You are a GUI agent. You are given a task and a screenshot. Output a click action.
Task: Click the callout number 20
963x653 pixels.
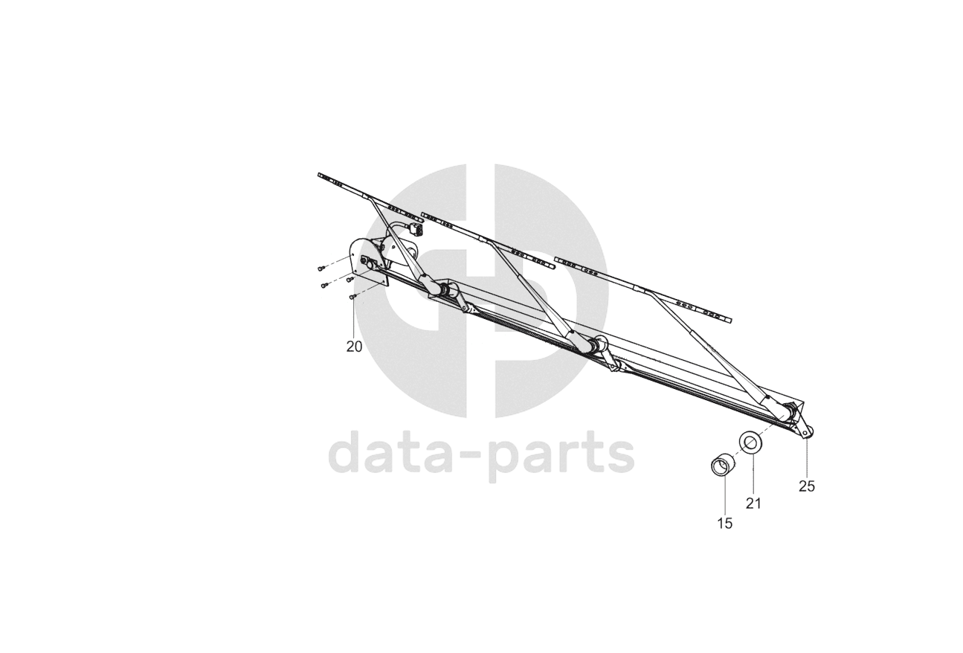coord(354,347)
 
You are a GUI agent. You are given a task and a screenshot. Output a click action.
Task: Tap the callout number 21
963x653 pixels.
coord(753,504)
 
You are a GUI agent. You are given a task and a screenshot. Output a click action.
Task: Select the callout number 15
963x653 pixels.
coord(724,524)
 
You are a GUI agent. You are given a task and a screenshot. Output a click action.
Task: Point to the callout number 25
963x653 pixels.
coord(807,486)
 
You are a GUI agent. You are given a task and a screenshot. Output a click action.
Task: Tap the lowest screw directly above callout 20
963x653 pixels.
coord(353,297)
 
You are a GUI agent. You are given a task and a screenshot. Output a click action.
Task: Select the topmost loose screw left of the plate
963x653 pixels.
coord(321,268)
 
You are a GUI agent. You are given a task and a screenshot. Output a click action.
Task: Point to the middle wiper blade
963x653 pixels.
coord(487,239)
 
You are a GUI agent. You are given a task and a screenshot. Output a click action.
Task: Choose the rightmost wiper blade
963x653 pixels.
coord(643,291)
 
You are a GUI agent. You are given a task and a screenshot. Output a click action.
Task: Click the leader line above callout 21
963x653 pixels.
coord(753,473)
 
